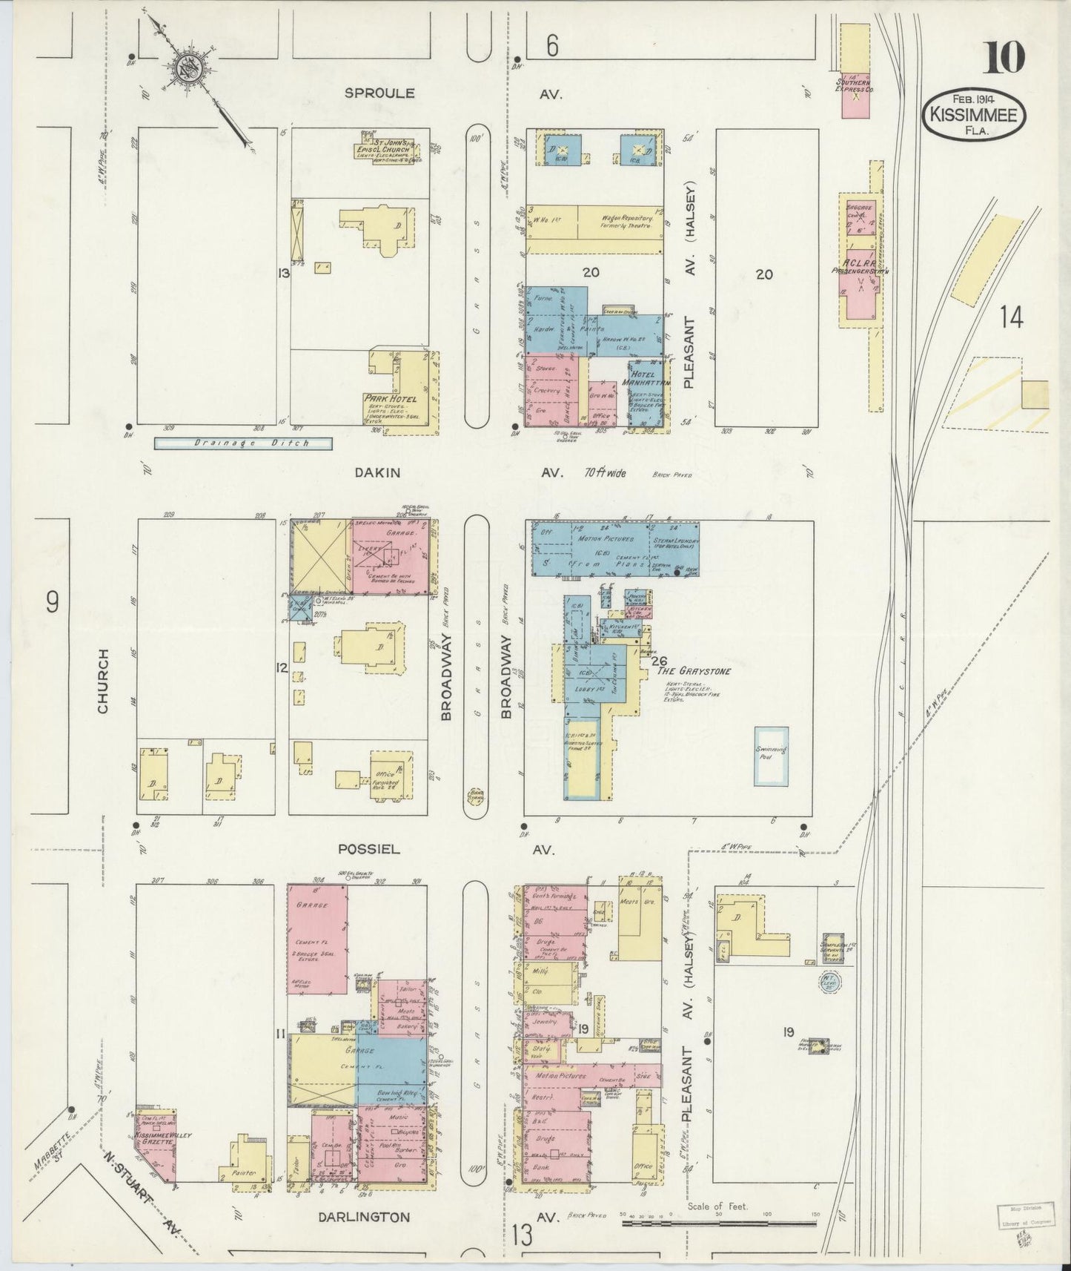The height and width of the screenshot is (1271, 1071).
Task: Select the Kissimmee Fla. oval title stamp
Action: (x=974, y=117)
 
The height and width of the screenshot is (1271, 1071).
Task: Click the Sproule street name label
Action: (x=379, y=93)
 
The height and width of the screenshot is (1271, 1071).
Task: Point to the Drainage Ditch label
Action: (x=242, y=443)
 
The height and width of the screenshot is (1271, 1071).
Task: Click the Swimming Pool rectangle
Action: (x=771, y=756)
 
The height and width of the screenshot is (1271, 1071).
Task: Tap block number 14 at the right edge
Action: (x=1010, y=317)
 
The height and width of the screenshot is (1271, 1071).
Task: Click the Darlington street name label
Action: (x=363, y=1217)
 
